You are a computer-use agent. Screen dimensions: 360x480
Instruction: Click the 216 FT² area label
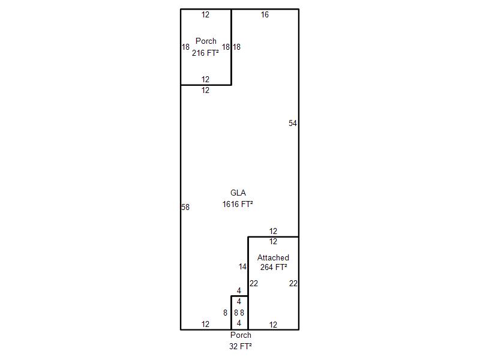coord(205,53)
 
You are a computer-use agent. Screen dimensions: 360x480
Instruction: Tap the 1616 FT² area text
coord(238,204)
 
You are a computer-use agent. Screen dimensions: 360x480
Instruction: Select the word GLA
coord(238,193)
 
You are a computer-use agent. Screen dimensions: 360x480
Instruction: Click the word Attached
coord(273,258)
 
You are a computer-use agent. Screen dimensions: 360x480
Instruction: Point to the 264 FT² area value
coord(274,268)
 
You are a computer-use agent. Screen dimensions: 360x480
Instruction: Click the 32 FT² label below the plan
coord(240,346)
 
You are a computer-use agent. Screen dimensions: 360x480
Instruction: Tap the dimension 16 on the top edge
coord(265,15)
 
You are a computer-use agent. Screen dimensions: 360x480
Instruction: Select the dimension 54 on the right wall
coord(293,124)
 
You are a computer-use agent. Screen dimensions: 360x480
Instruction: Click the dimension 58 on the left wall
coord(185,208)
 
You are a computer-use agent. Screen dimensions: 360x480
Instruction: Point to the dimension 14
coord(242,267)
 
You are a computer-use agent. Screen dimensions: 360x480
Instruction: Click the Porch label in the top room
coord(206,41)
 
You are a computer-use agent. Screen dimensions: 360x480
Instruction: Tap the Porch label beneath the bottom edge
coord(241,335)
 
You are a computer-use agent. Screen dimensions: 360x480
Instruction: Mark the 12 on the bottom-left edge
coord(205,325)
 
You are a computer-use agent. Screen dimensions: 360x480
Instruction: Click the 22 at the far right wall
coord(293,284)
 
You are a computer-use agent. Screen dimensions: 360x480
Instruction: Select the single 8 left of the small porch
coord(225,313)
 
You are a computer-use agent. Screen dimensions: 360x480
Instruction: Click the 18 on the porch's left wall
coord(186,47)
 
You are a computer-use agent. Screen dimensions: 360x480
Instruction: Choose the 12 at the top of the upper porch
coord(205,15)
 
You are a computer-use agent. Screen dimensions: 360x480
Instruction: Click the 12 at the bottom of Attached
coord(273,325)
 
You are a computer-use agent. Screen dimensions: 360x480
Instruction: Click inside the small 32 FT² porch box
coord(239,307)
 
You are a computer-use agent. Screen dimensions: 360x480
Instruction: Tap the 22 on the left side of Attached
coord(254,284)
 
